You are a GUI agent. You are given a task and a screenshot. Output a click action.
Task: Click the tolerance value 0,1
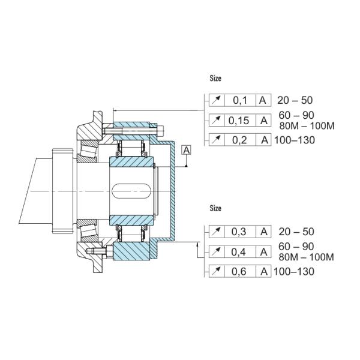pyautogui.click(x=239, y=100)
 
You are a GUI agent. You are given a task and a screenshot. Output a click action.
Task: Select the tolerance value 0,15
pyautogui.click(x=239, y=121)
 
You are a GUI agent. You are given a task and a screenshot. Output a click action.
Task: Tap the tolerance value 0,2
pyautogui.click(x=239, y=140)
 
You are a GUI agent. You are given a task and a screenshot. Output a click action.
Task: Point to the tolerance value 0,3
pyautogui.click(x=239, y=232)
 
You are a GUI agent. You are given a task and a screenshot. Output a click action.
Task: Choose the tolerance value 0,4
pyautogui.click(x=239, y=252)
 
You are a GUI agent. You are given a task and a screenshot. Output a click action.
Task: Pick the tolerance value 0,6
pyautogui.click(x=239, y=272)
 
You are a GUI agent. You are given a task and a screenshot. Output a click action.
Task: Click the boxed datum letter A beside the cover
pyautogui.click(x=187, y=151)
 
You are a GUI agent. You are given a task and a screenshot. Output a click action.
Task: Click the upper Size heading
pyautogui.click(x=215, y=78)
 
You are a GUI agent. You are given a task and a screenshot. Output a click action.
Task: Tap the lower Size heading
pyautogui.click(x=215, y=208)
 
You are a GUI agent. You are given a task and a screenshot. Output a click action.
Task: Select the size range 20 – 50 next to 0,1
pyautogui.click(x=295, y=100)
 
